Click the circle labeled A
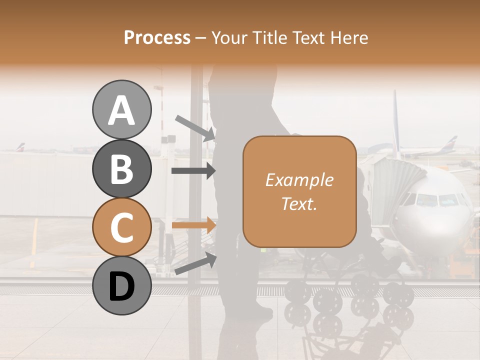click(121, 109)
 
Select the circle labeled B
click(121, 168)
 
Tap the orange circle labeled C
click(121, 227)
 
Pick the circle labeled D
click(121, 285)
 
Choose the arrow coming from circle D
click(195, 264)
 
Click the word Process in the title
click(157, 37)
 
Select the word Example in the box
click(299, 180)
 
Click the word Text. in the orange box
click(299, 203)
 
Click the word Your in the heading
click(229, 37)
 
